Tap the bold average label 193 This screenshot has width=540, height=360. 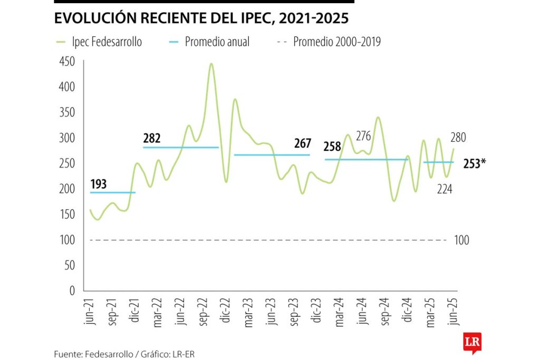99,184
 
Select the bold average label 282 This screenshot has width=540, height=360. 152,139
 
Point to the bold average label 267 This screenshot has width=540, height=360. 302,144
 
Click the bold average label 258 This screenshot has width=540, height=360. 332,147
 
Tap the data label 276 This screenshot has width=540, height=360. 364,137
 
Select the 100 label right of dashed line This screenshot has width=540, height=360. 461,240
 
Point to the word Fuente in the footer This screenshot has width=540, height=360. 67,354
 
